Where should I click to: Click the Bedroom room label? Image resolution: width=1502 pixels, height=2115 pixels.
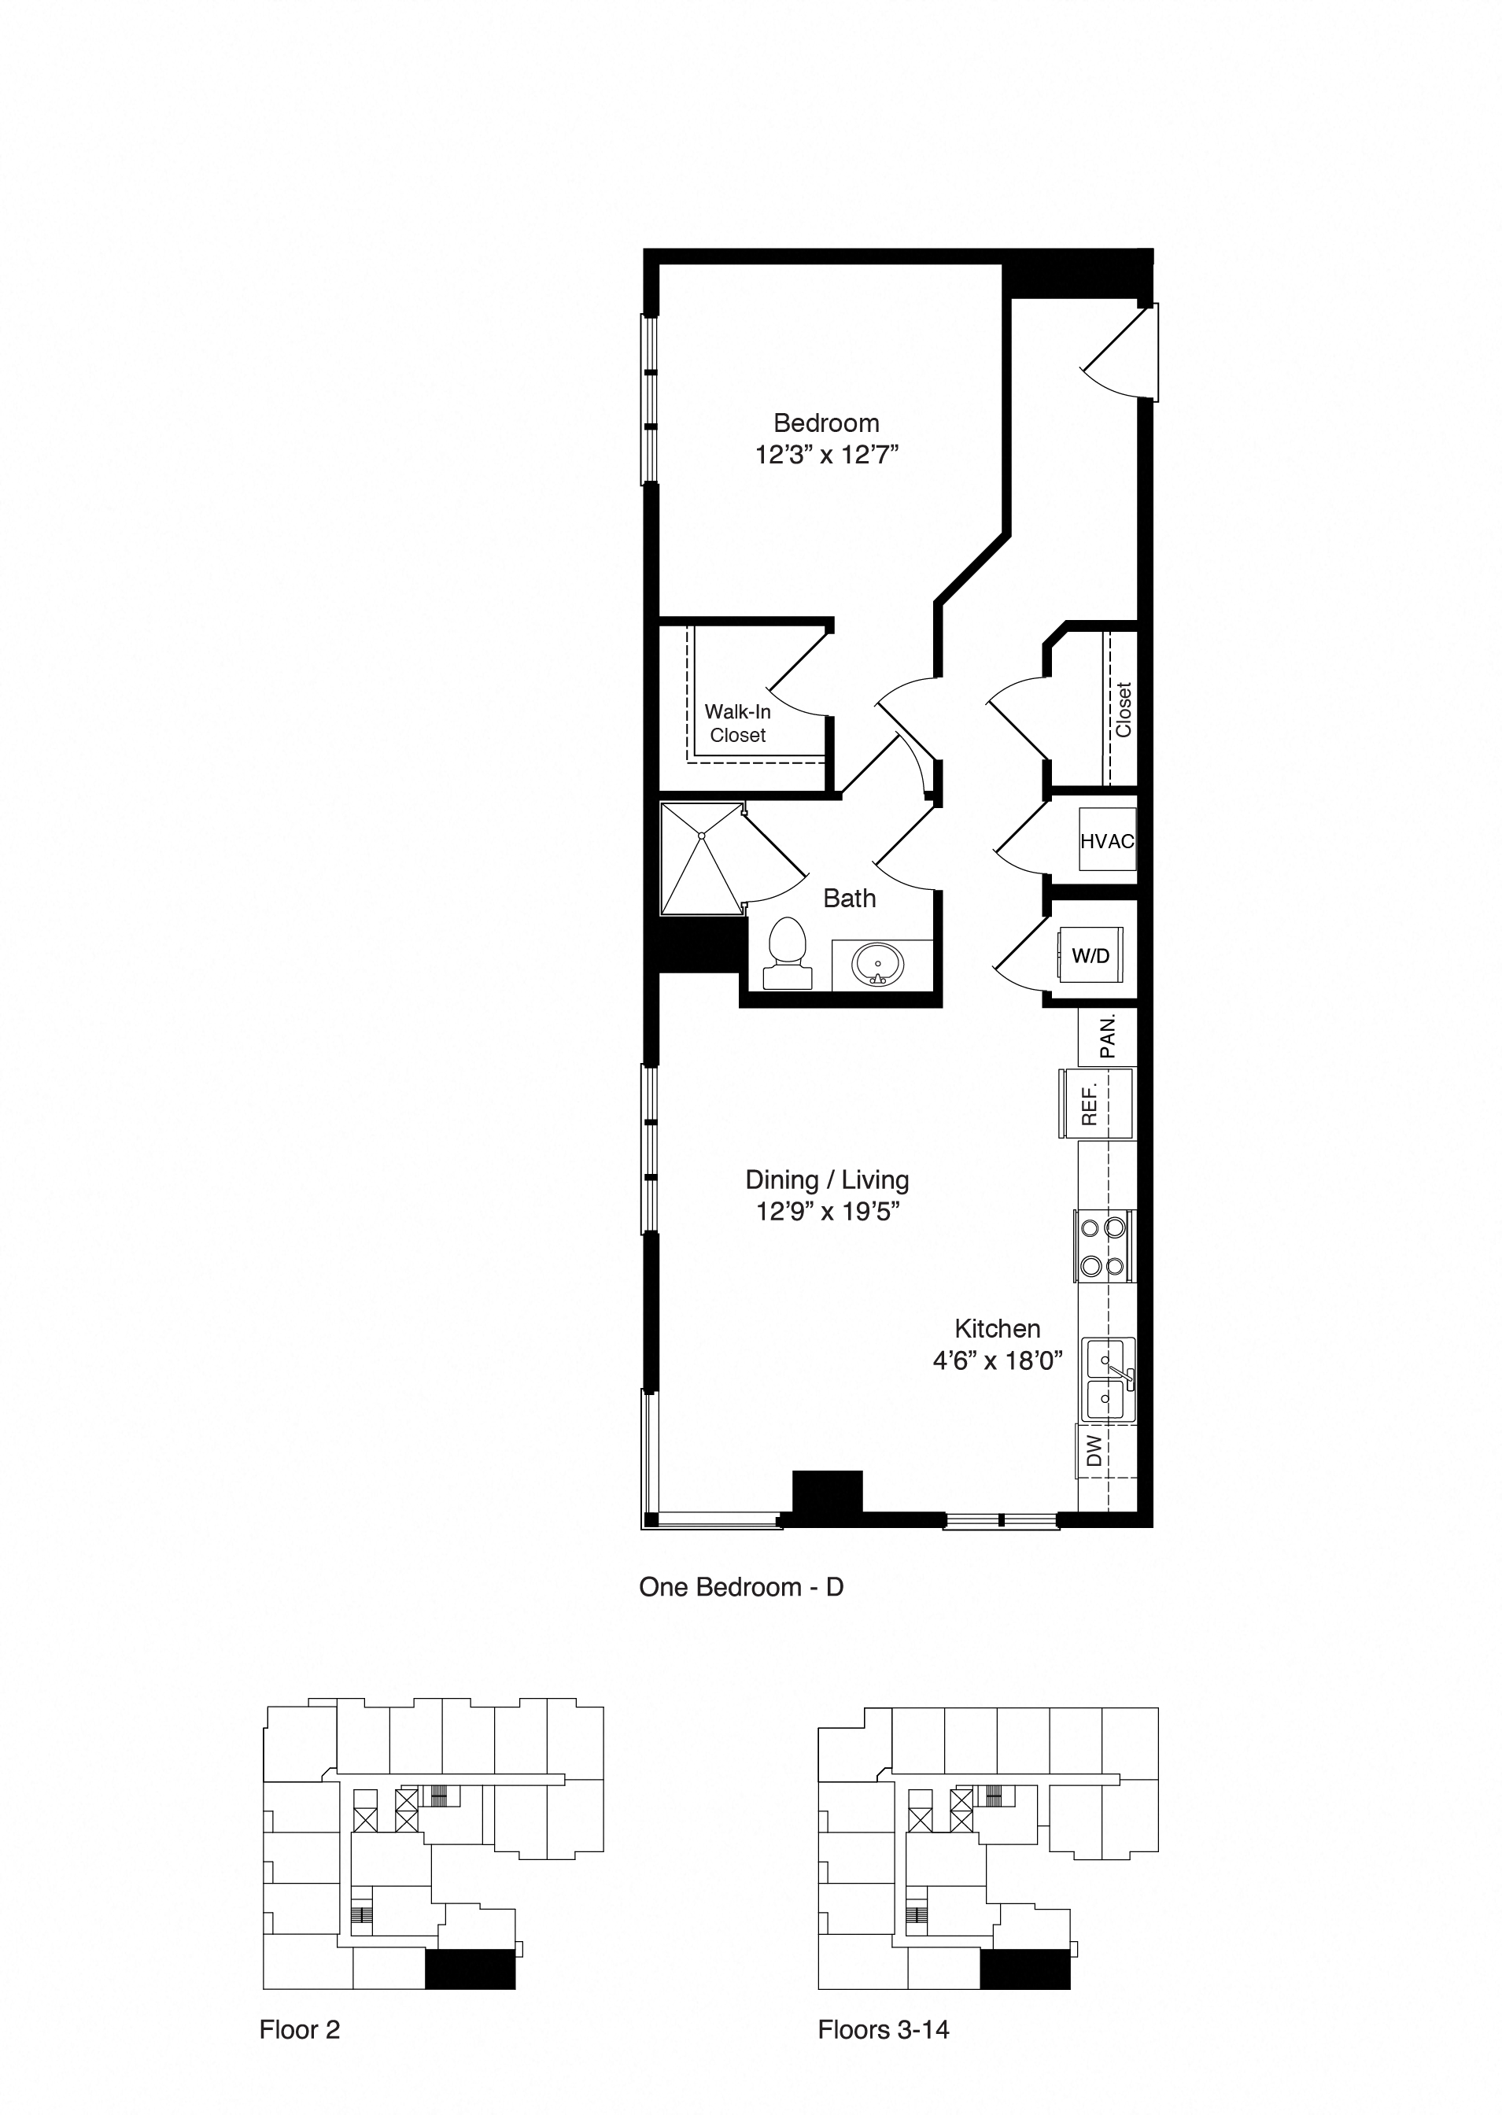point(826,423)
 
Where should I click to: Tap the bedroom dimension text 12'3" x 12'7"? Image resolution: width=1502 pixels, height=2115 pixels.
point(827,455)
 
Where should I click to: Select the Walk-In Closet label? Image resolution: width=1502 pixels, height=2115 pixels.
point(737,723)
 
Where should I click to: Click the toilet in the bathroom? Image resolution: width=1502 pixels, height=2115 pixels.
point(787,953)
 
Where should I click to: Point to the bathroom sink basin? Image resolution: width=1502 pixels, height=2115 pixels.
point(878,965)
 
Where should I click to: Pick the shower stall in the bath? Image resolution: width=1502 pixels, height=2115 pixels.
point(702,858)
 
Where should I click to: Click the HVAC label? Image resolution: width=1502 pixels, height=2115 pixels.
point(1107,840)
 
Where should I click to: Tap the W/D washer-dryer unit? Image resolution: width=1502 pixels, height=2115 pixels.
point(1091,955)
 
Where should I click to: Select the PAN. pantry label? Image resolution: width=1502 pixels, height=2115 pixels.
point(1107,1035)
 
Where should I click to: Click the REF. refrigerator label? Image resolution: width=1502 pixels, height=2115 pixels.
point(1090,1105)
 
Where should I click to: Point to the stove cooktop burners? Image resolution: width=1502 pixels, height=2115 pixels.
point(1103,1246)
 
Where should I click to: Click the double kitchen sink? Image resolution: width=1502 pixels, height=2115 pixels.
point(1107,1378)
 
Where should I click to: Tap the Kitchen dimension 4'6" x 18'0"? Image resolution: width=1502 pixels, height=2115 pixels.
point(997,1360)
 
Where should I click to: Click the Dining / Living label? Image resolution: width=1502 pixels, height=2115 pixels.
point(827,1180)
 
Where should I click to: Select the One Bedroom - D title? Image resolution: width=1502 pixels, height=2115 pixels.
point(741,1587)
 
